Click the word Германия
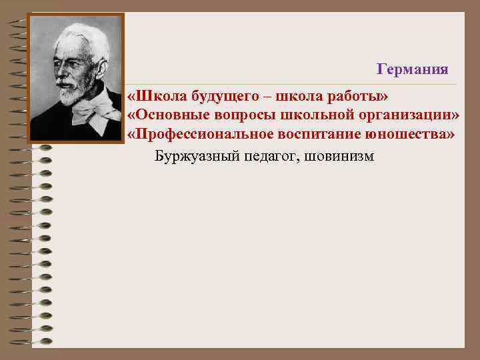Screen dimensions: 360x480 tap(412, 69)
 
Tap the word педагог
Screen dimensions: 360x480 tap(266, 157)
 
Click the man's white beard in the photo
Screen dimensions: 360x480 tap(69, 95)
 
